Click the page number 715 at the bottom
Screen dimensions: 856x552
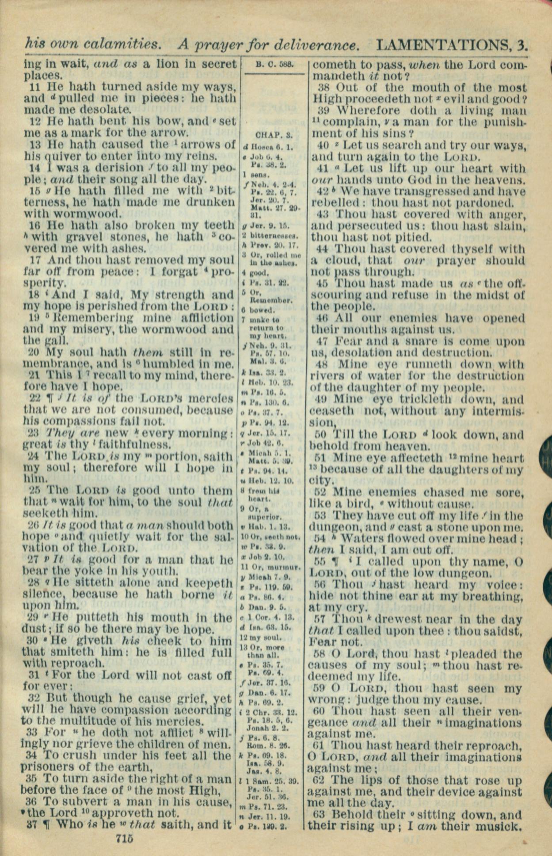pos(124,838)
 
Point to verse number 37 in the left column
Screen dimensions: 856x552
pos(32,824)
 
